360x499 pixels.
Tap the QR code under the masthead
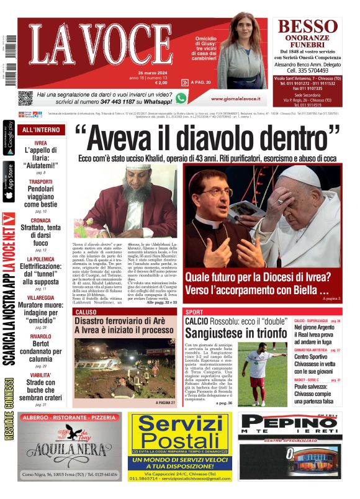[x=25, y=98]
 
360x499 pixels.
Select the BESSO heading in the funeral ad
[x=307, y=26]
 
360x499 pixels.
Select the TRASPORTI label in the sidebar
[x=40, y=182]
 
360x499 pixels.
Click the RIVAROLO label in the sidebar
[x=40, y=336]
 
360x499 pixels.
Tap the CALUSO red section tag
[x=85, y=312]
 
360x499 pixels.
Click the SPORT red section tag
[x=194, y=312]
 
